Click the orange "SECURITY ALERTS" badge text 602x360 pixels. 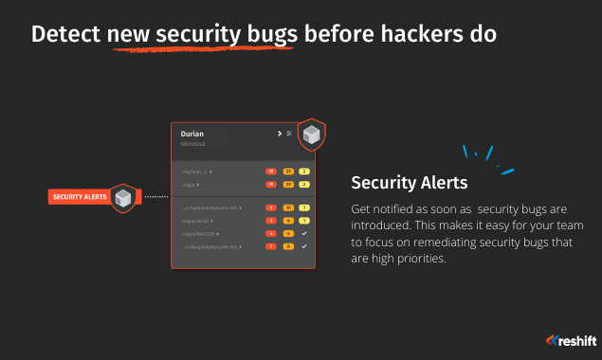(80, 197)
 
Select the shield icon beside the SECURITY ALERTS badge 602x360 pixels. (122, 197)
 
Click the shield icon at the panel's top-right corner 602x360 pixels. (310, 135)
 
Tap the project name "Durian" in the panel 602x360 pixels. (192, 135)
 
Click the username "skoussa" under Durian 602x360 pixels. (192, 145)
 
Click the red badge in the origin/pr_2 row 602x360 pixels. (270, 172)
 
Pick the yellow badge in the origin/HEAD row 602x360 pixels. (304, 220)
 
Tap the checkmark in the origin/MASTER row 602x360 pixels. (304, 233)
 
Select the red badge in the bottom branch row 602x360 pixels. (270, 246)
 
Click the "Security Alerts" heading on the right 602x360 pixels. (409, 182)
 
